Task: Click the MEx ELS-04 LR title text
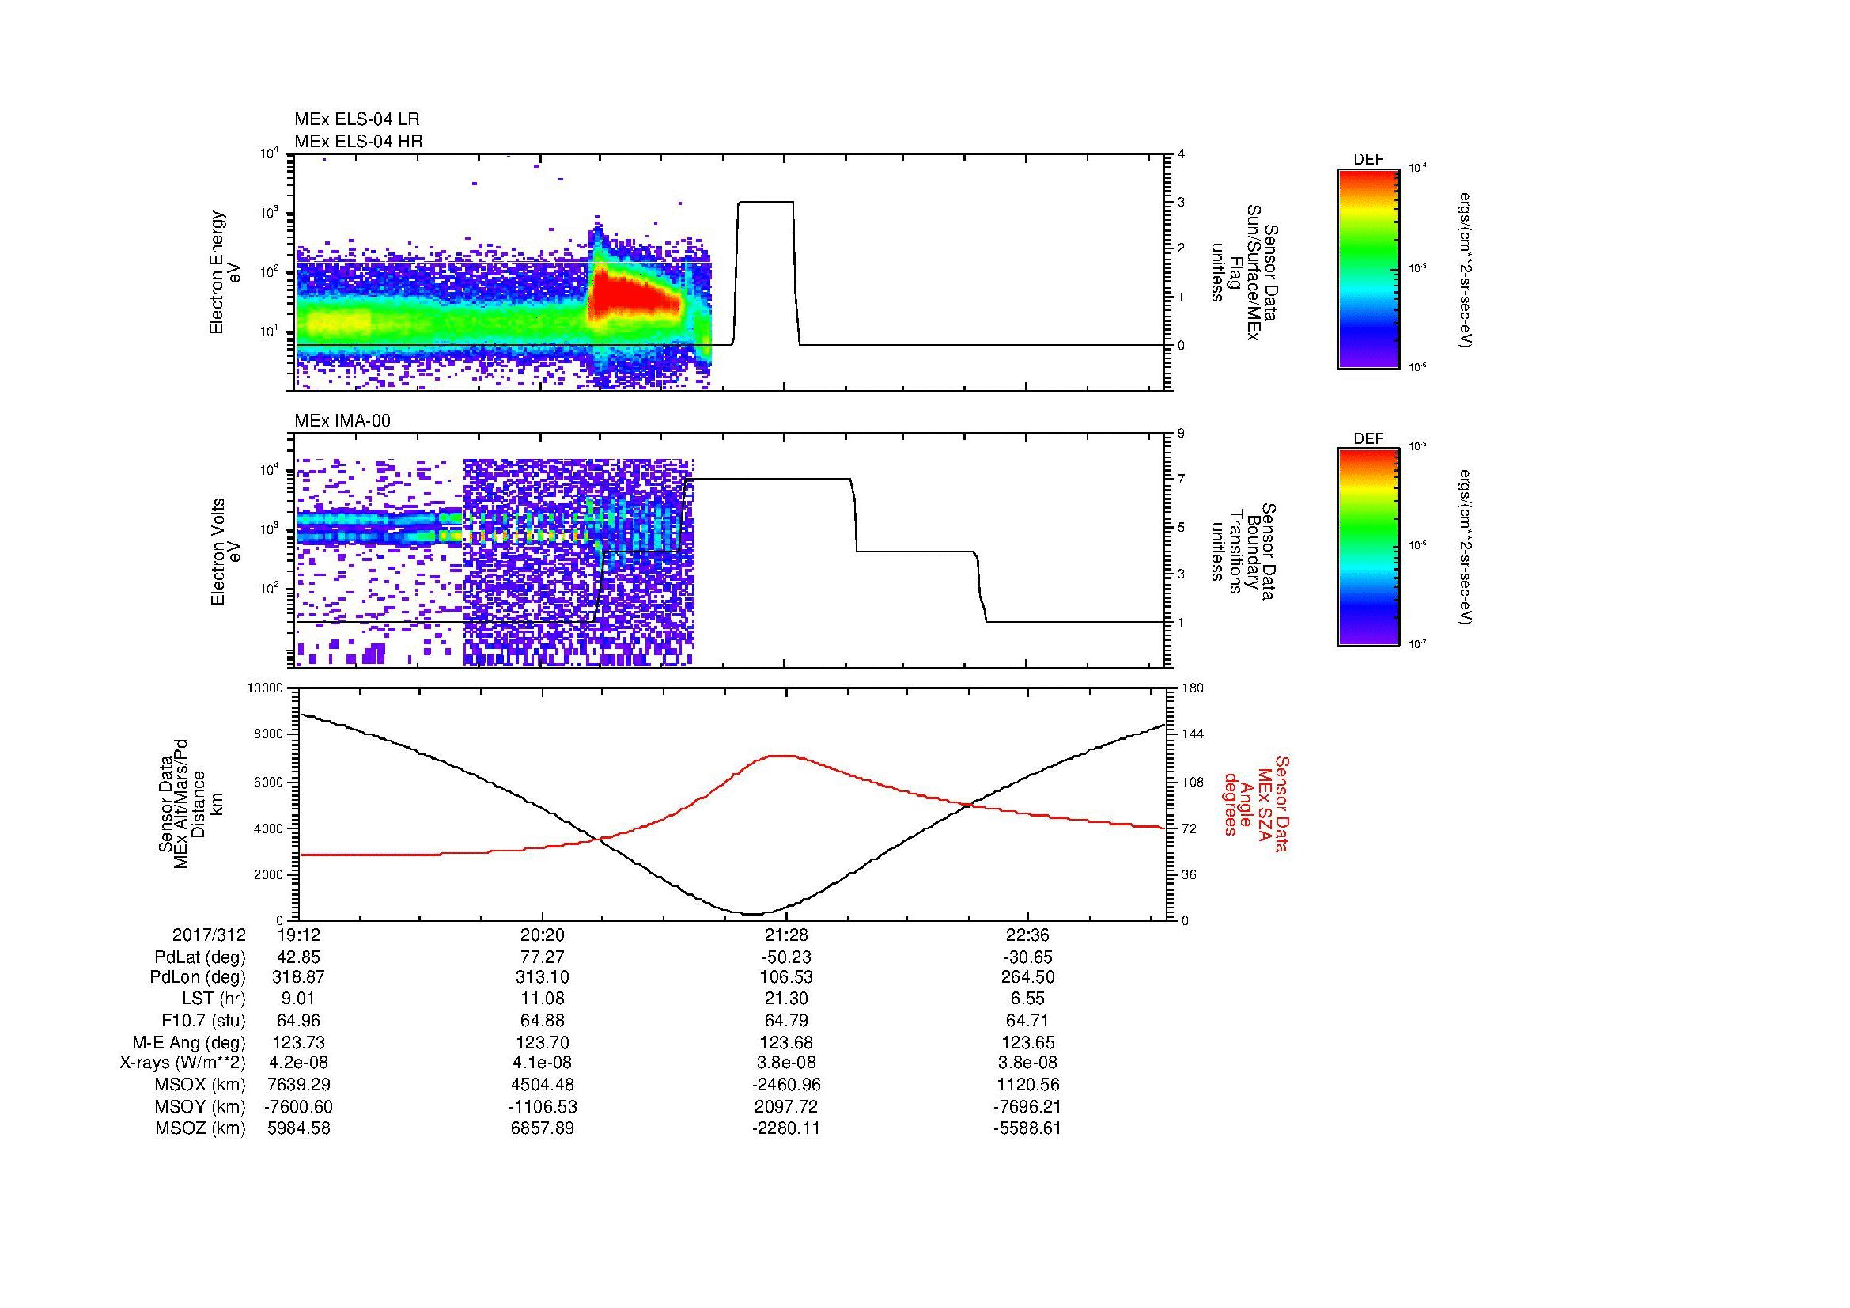356,119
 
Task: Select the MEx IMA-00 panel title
342,421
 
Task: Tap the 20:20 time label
543,935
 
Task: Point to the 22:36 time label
1027,935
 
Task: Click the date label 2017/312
208,935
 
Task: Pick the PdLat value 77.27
543,957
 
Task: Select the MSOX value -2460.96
785,1085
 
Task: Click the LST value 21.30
785,999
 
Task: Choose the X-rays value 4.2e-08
298,1063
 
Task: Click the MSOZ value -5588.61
1027,1128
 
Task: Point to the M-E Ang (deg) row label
188,1042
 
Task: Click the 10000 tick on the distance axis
265,688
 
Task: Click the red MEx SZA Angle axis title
1255,803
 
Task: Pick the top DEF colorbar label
1368,160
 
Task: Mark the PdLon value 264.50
1027,977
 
